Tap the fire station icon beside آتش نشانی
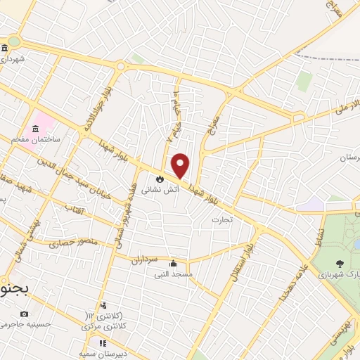click(160, 178)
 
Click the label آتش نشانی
click(155, 190)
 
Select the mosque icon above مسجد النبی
click(173, 263)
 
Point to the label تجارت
click(217, 220)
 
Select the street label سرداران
click(143, 259)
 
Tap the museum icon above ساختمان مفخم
click(35, 129)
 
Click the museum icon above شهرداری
click(5, 48)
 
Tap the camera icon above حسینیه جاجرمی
click(25, 314)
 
